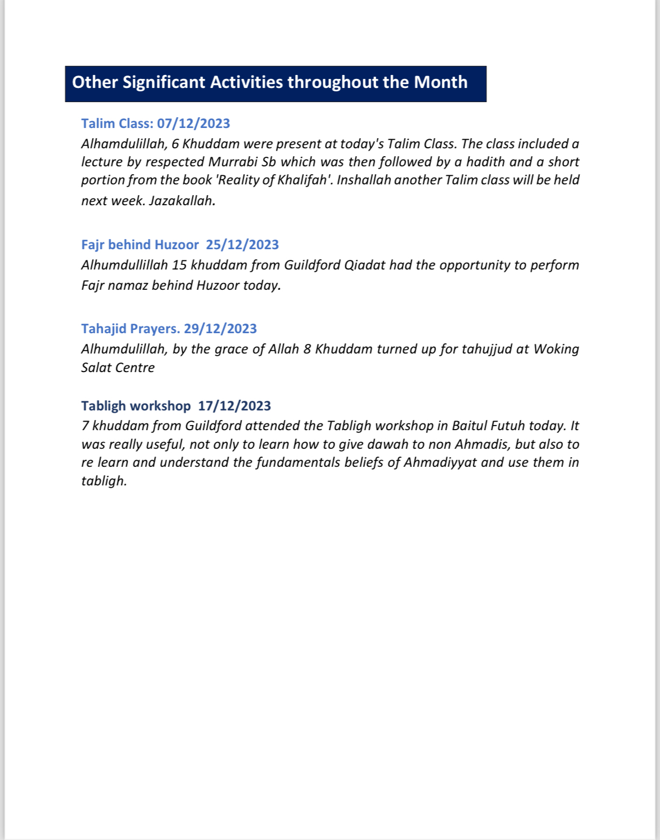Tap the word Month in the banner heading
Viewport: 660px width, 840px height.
tap(441, 83)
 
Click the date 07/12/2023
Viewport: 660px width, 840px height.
tap(193, 123)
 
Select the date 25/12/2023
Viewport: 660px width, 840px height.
tap(242, 245)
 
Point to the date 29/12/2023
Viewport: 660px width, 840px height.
tap(220, 329)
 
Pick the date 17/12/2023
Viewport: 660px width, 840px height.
tap(234, 406)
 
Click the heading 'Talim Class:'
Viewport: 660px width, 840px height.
tap(117, 123)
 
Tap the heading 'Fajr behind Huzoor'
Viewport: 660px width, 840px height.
tap(140, 245)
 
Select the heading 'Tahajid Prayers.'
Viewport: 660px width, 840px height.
tap(130, 329)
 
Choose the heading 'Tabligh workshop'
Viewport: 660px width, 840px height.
tap(136, 406)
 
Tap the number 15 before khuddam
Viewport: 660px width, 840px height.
tap(179, 265)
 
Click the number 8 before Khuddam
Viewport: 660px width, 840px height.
tap(307, 349)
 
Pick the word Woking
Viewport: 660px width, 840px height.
tap(556, 349)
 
